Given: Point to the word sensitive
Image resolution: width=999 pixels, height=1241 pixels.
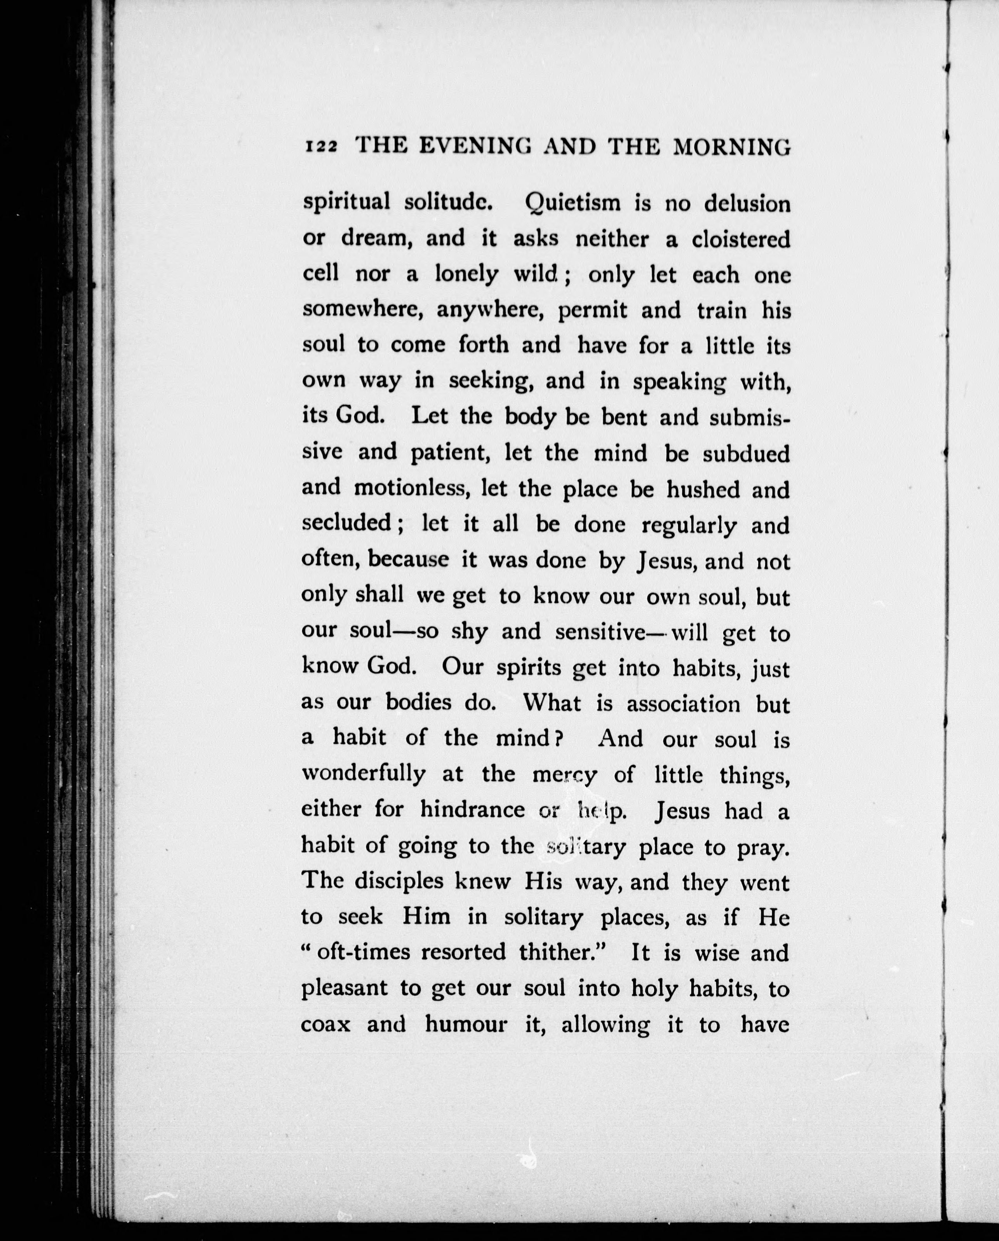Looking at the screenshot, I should (600, 632).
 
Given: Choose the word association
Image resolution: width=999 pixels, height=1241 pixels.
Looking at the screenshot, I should (684, 704).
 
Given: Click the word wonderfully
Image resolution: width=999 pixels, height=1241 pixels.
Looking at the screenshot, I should (364, 774).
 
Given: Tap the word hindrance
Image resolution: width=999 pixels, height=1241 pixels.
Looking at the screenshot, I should (472, 810).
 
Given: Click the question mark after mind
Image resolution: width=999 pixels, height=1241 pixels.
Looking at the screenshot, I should (557, 739).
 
